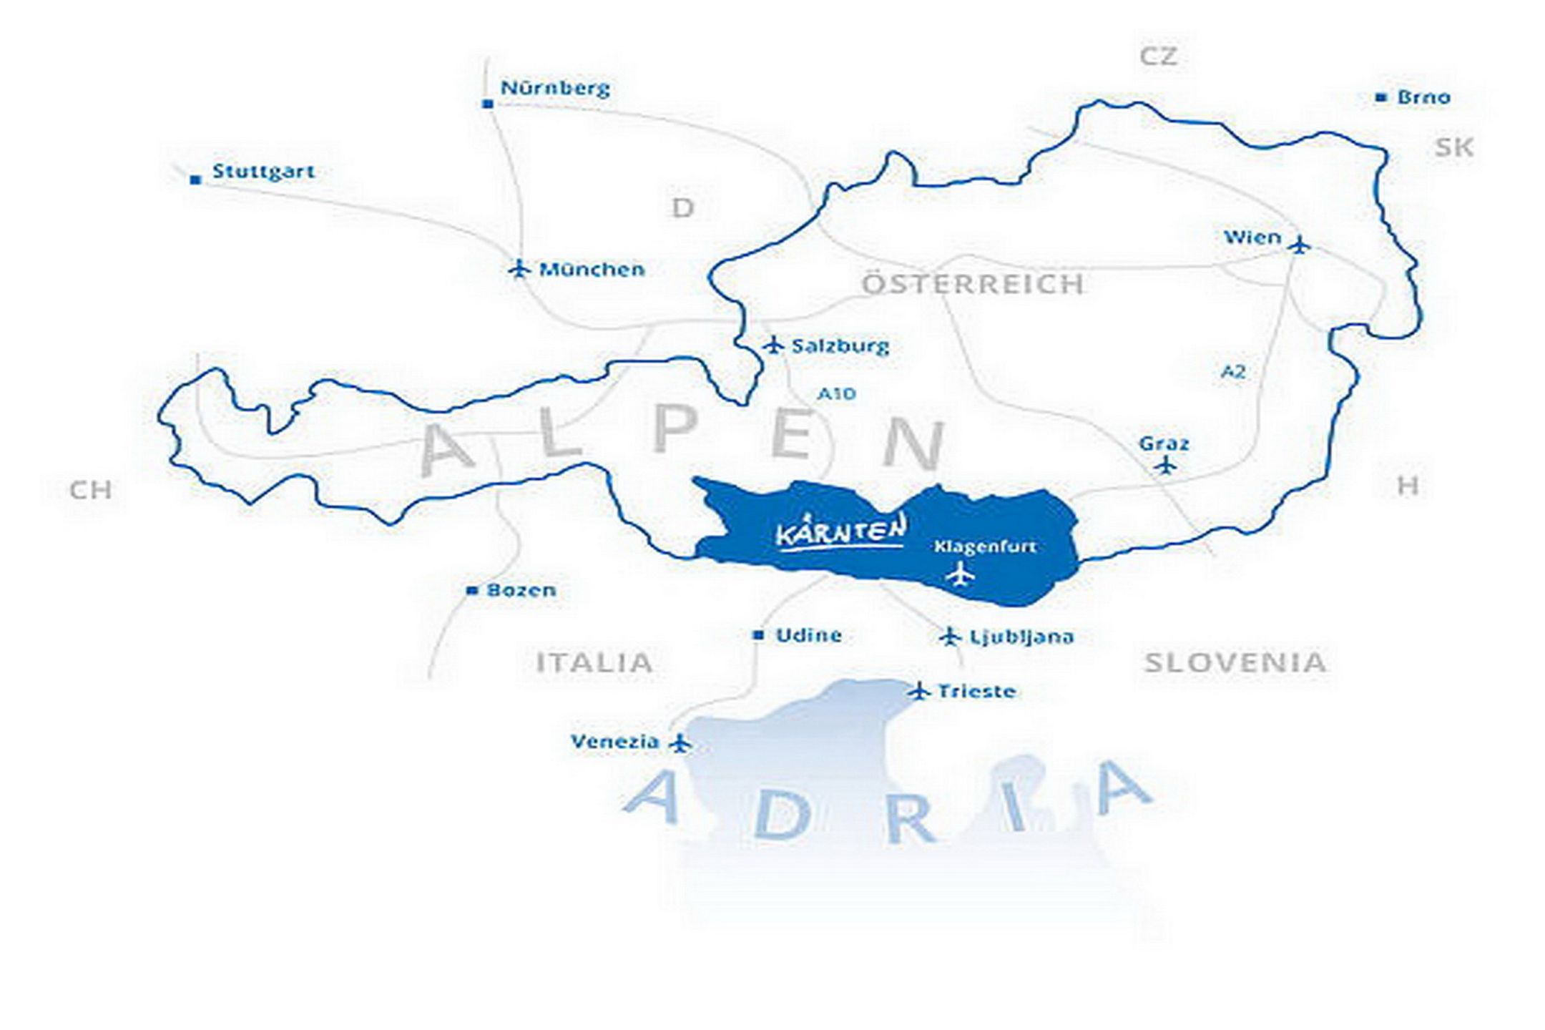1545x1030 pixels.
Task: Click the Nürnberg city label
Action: coord(555,88)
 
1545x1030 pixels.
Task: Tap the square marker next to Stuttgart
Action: coord(195,180)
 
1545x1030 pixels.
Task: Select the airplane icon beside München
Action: coord(519,269)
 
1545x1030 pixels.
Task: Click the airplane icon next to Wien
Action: coord(1300,245)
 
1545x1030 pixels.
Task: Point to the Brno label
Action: coord(1423,97)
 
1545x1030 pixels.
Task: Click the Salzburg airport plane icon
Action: coord(772,345)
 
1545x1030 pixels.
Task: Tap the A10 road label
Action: coord(836,394)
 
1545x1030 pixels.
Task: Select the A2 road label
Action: coord(1232,371)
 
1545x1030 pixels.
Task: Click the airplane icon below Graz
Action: coord(1166,466)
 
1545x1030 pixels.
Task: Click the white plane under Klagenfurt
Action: coord(960,574)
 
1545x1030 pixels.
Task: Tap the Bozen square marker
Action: coord(471,591)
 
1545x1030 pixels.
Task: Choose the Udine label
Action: coord(808,635)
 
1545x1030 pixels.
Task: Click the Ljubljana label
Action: coord(1021,637)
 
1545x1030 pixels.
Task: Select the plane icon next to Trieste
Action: coord(919,691)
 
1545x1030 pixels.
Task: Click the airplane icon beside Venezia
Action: coord(680,743)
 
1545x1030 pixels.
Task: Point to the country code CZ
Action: coord(1158,56)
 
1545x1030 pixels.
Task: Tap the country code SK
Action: coord(1453,147)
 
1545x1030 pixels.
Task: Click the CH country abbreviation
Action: coord(91,491)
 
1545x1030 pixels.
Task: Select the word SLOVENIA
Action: coord(1235,663)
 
